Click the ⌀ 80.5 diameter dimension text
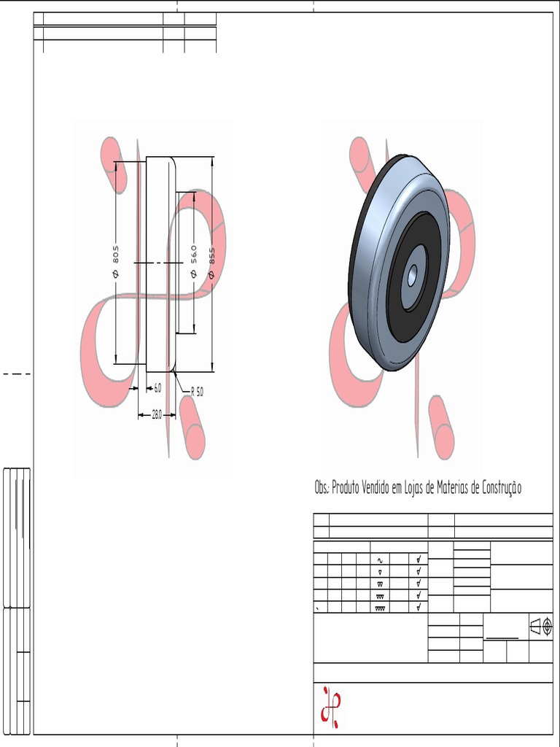[x=116, y=261]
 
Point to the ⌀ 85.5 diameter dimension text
[x=212, y=263]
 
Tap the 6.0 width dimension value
[x=157, y=388]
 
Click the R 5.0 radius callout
[x=197, y=392]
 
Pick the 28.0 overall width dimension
[x=157, y=415]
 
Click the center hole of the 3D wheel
[x=412, y=275]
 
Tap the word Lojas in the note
[x=409, y=489]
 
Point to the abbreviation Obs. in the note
[x=322, y=489]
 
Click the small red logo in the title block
[x=330, y=706]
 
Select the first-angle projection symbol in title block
[x=541, y=627]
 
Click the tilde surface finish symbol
[x=380, y=560]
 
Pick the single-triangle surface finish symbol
[x=380, y=572]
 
